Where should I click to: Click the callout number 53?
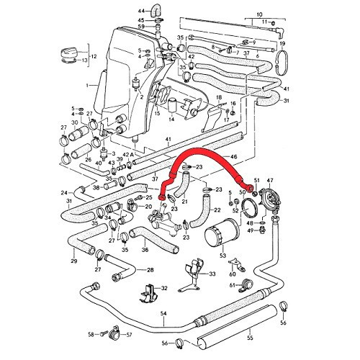(x=222, y=256)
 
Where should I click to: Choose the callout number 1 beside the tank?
(x=88, y=86)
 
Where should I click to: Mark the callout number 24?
(x=63, y=192)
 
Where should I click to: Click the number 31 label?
(x=287, y=101)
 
